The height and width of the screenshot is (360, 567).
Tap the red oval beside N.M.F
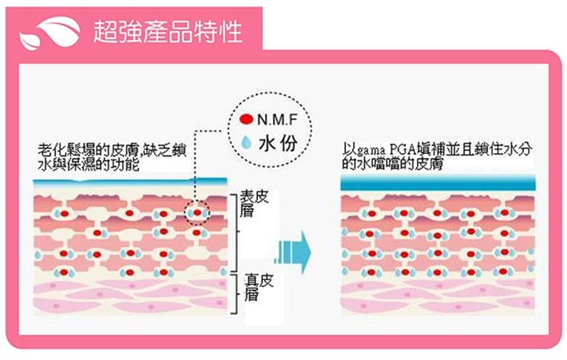(247, 121)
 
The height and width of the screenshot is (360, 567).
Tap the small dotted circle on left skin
(196, 215)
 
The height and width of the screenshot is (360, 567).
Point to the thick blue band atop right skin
(438, 184)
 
